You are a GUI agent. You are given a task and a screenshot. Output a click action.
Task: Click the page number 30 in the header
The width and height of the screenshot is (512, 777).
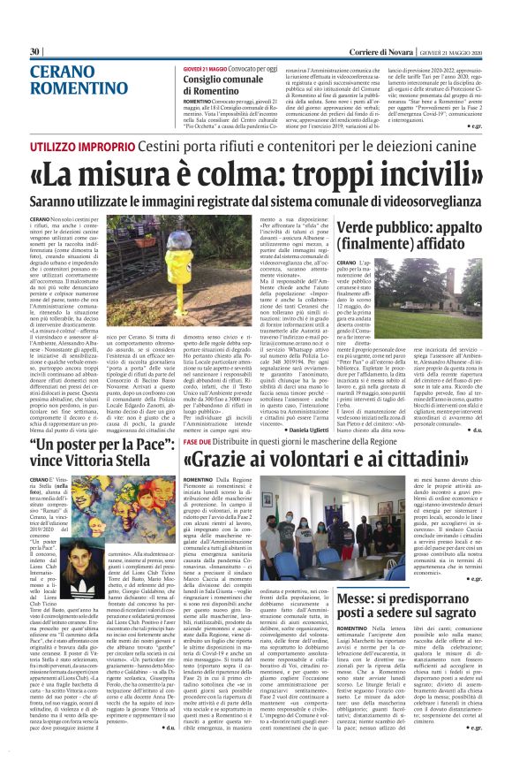35,52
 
